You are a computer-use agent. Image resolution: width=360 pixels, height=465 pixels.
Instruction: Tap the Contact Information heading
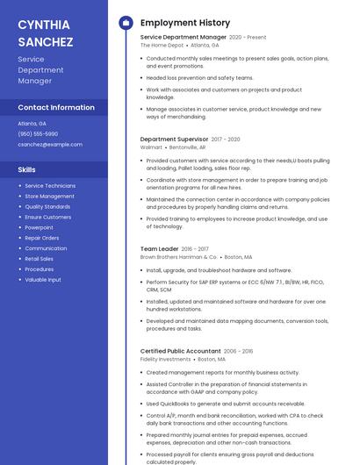[x=56, y=107]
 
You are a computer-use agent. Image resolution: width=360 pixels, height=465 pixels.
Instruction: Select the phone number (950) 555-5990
[x=38, y=133]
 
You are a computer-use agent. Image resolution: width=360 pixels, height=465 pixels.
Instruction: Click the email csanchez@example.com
[x=50, y=144]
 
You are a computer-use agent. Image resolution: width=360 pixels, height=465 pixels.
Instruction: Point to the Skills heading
[x=27, y=169]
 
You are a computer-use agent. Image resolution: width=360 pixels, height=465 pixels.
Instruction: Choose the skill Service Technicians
[x=50, y=186]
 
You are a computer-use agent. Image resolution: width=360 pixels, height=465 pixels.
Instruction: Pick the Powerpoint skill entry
[x=39, y=227]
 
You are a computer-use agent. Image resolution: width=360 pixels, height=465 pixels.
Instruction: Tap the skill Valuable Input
[x=43, y=280]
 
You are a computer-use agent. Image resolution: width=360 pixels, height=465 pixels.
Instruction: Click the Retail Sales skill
[x=39, y=259]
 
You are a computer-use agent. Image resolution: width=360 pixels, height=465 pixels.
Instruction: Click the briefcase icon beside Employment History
[x=125, y=23]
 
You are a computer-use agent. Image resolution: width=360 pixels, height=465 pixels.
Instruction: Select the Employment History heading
[x=185, y=23]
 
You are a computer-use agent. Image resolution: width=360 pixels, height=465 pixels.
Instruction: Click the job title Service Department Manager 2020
[x=184, y=38]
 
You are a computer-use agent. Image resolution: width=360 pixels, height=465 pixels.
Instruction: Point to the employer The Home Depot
[x=162, y=45]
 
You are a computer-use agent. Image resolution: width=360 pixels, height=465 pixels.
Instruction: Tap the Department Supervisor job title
[x=174, y=139]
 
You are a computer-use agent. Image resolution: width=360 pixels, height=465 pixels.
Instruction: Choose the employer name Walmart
[x=151, y=147]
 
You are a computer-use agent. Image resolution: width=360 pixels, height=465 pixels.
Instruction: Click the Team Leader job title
[x=159, y=248]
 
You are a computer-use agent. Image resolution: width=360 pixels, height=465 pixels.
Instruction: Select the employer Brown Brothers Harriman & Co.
[x=178, y=257]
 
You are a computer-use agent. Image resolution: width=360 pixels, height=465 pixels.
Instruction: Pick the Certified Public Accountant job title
[x=180, y=351]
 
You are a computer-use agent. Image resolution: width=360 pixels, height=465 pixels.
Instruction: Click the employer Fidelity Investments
[x=165, y=359]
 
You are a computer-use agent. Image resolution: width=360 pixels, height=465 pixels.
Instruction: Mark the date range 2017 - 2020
[x=226, y=139]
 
